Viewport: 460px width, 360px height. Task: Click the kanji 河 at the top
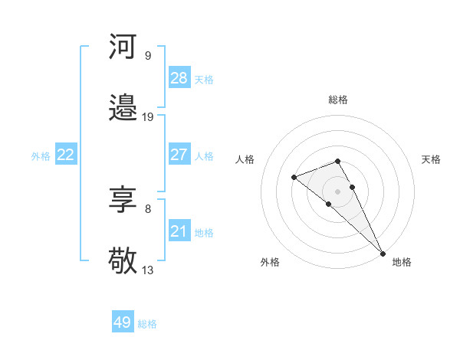pos(123,47)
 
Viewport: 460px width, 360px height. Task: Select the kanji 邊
pos(123,109)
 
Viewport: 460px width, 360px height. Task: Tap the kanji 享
pos(123,201)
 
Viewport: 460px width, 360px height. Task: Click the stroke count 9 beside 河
pos(147,55)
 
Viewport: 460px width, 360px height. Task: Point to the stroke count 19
pos(148,117)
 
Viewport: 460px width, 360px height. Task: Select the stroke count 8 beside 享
pos(147,208)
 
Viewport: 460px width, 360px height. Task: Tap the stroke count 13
pos(148,270)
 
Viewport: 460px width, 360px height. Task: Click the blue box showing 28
pos(179,78)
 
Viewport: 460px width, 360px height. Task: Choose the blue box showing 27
pos(179,155)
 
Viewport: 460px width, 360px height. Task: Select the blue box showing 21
pos(179,231)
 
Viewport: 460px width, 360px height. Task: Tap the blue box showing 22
pos(65,155)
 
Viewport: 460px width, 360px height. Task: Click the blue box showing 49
pos(123,322)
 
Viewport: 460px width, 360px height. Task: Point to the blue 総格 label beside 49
pos(147,324)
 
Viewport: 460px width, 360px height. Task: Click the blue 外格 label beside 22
pos(41,156)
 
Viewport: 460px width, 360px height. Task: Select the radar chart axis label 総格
pos(338,100)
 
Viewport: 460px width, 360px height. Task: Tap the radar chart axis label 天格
pos(431,159)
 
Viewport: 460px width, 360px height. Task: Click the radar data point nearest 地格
pos(383,252)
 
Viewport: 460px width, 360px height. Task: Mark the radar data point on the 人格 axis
pos(294,178)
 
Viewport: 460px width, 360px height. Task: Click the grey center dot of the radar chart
pos(337,191)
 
